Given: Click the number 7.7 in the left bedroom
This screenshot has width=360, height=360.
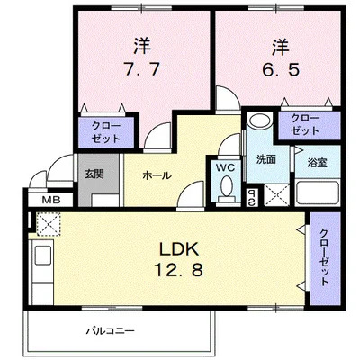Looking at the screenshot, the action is [x=142, y=70].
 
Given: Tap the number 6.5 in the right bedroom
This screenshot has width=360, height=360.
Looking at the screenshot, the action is [x=281, y=70].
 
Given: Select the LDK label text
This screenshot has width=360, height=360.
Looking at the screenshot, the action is [x=179, y=248].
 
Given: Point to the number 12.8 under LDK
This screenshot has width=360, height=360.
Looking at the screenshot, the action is [x=179, y=269].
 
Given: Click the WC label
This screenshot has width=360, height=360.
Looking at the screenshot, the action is [x=226, y=168].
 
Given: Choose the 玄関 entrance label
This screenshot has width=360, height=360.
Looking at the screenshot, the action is [x=94, y=174].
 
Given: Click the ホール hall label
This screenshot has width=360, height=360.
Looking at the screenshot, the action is [x=157, y=175].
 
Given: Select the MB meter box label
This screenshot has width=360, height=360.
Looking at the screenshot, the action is [x=51, y=200].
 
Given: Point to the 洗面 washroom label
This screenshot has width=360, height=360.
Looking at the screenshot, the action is [x=265, y=159].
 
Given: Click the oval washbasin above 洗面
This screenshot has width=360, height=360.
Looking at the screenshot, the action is [x=260, y=121].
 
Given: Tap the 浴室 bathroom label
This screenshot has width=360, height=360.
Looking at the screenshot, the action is [x=317, y=163].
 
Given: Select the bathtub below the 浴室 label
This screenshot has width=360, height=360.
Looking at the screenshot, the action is [x=318, y=193].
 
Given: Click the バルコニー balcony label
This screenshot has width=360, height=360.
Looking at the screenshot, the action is [x=111, y=331].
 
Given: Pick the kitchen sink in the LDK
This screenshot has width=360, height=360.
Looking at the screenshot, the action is [x=42, y=255].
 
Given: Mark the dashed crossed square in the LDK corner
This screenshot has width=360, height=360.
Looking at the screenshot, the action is [x=49, y=223].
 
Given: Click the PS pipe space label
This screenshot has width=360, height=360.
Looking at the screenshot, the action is [x=251, y=197].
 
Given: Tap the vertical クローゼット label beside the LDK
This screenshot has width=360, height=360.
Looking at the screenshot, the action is [x=324, y=257].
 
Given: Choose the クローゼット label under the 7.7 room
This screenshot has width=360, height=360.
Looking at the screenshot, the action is [x=106, y=132].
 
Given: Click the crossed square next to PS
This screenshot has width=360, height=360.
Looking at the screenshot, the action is [x=276, y=195].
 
